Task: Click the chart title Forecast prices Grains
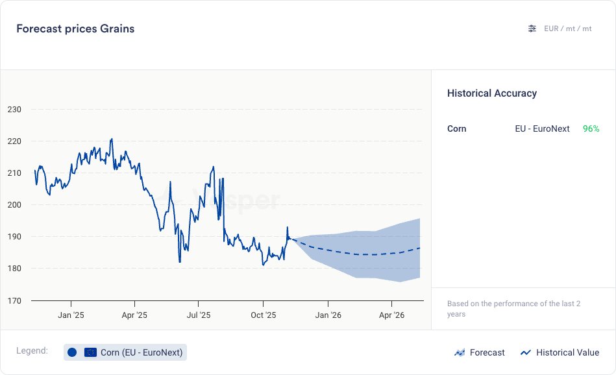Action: coord(75,29)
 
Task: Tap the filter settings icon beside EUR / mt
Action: coord(532,29)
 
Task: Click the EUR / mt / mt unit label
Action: coord(568,29)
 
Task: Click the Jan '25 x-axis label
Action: coord(70,315)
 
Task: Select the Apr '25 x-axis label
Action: coord(134,315)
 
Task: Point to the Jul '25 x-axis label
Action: coord(199,315)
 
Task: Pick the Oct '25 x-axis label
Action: coord(263,315)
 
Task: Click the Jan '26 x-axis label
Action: coord(328,315)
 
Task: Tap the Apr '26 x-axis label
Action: coord(391,315)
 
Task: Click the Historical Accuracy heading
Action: coord(492,93)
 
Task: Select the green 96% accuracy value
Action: coord(591,129)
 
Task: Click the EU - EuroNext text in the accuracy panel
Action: coord(542,129)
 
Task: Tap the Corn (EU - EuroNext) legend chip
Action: coord(125,352)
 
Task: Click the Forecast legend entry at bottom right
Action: coord(480,352)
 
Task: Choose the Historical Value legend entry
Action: coord(560,352)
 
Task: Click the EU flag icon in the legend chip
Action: coord(90,352)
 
